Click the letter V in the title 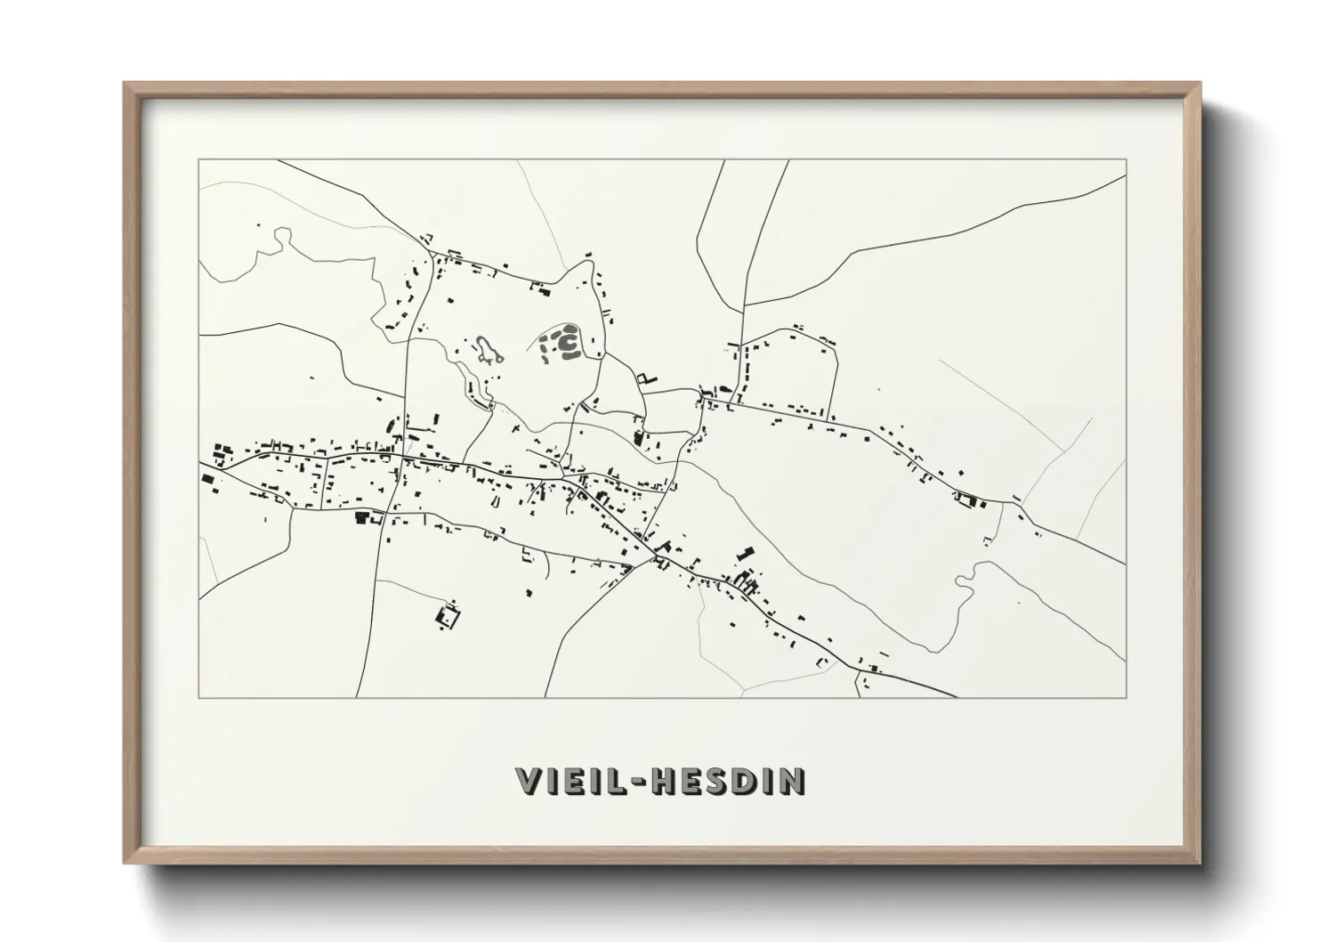pyautogui.click(x=530, y=781)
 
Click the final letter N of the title pyautogui.click(x=794, y=781)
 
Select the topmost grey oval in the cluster pyautogui.click(x=562, y=329)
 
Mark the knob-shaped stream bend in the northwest pyautogui.click(x=282, y=236)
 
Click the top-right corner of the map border pyautogui.click(x=1126, y=160)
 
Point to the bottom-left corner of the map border pyautogui.click(x=199, y=696)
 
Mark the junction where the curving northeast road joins pyautogui.click(x=744, y=305)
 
